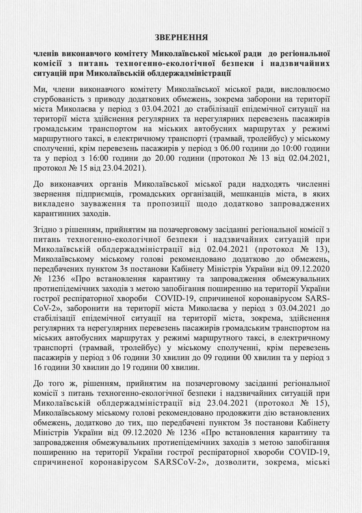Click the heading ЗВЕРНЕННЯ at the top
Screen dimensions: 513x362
tap(181, 38)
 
